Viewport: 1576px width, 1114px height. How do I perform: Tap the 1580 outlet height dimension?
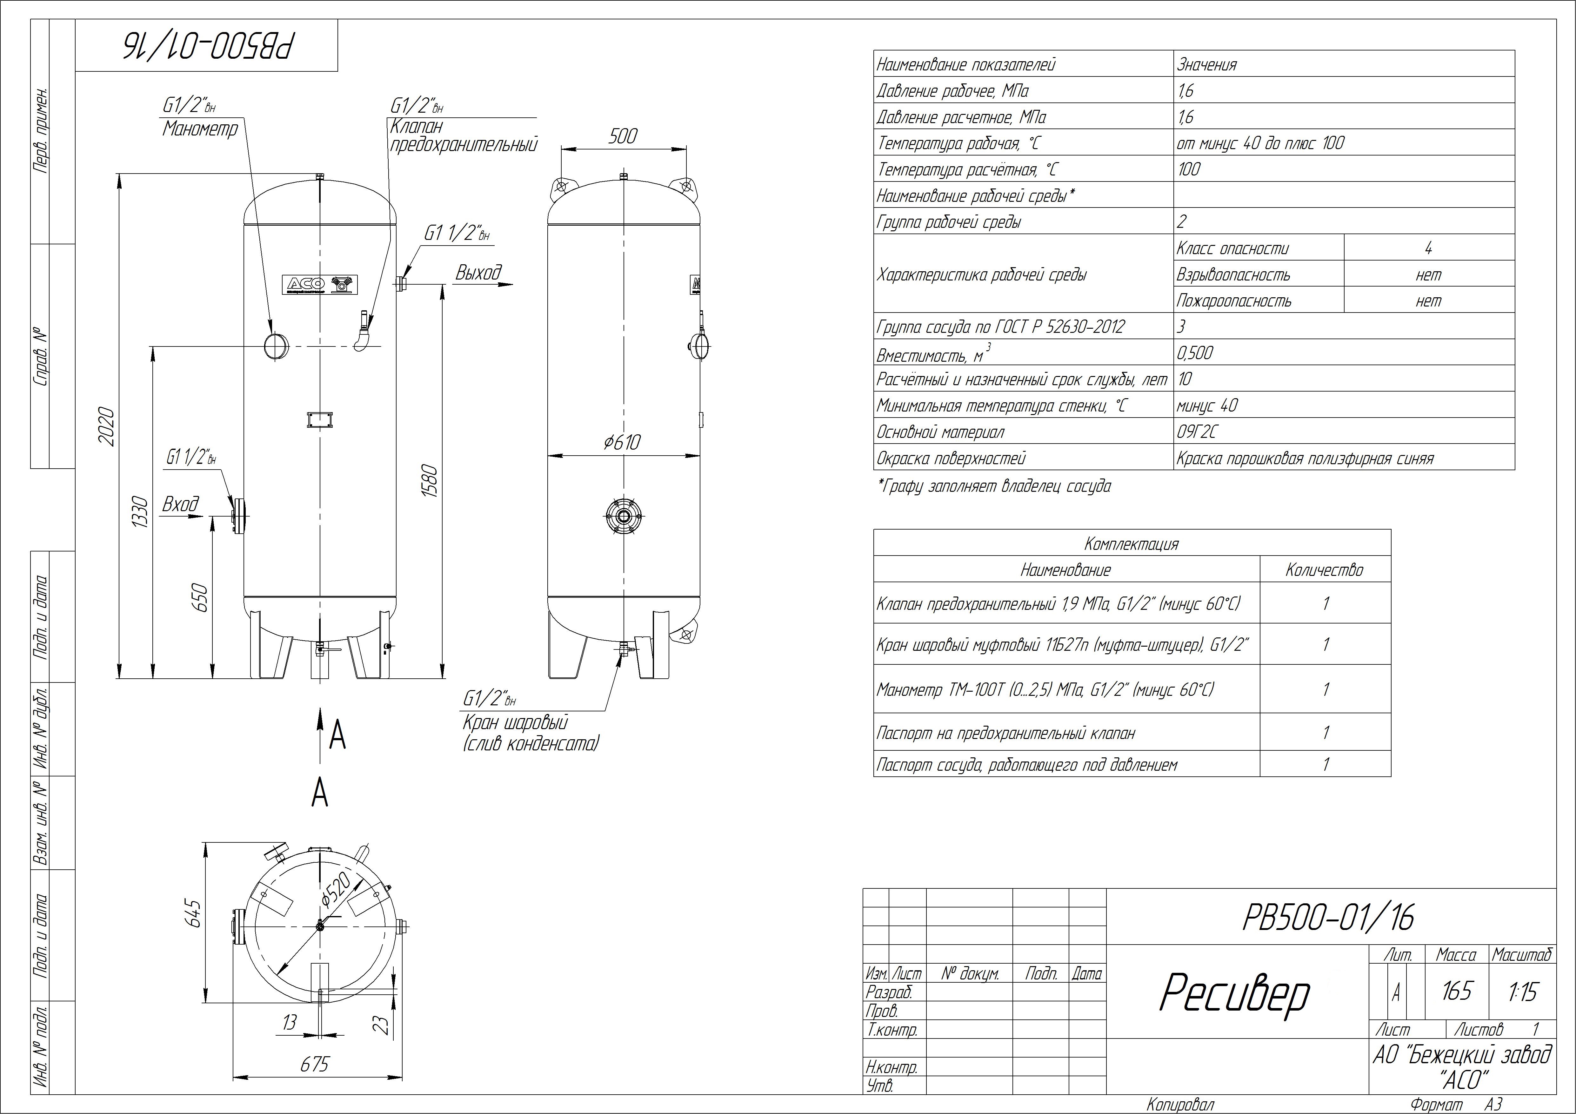coord(430,482)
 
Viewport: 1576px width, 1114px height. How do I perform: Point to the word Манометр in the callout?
coord(200,129)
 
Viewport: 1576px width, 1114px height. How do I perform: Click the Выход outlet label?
coord(478,273)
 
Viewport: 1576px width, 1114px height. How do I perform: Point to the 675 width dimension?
coord(315,1064)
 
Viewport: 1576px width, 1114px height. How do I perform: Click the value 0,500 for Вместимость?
coord(1195,353)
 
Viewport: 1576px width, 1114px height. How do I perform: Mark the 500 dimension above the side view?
coord(623,136)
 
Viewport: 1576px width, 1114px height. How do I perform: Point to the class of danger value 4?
coord(1428,248)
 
